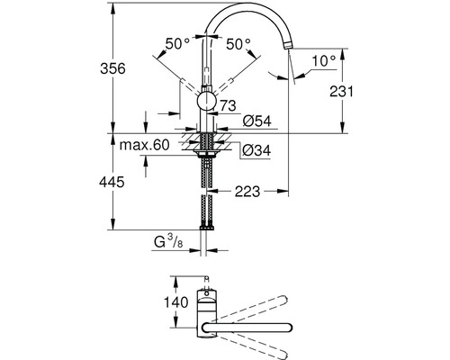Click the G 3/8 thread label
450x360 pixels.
point(168,240)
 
